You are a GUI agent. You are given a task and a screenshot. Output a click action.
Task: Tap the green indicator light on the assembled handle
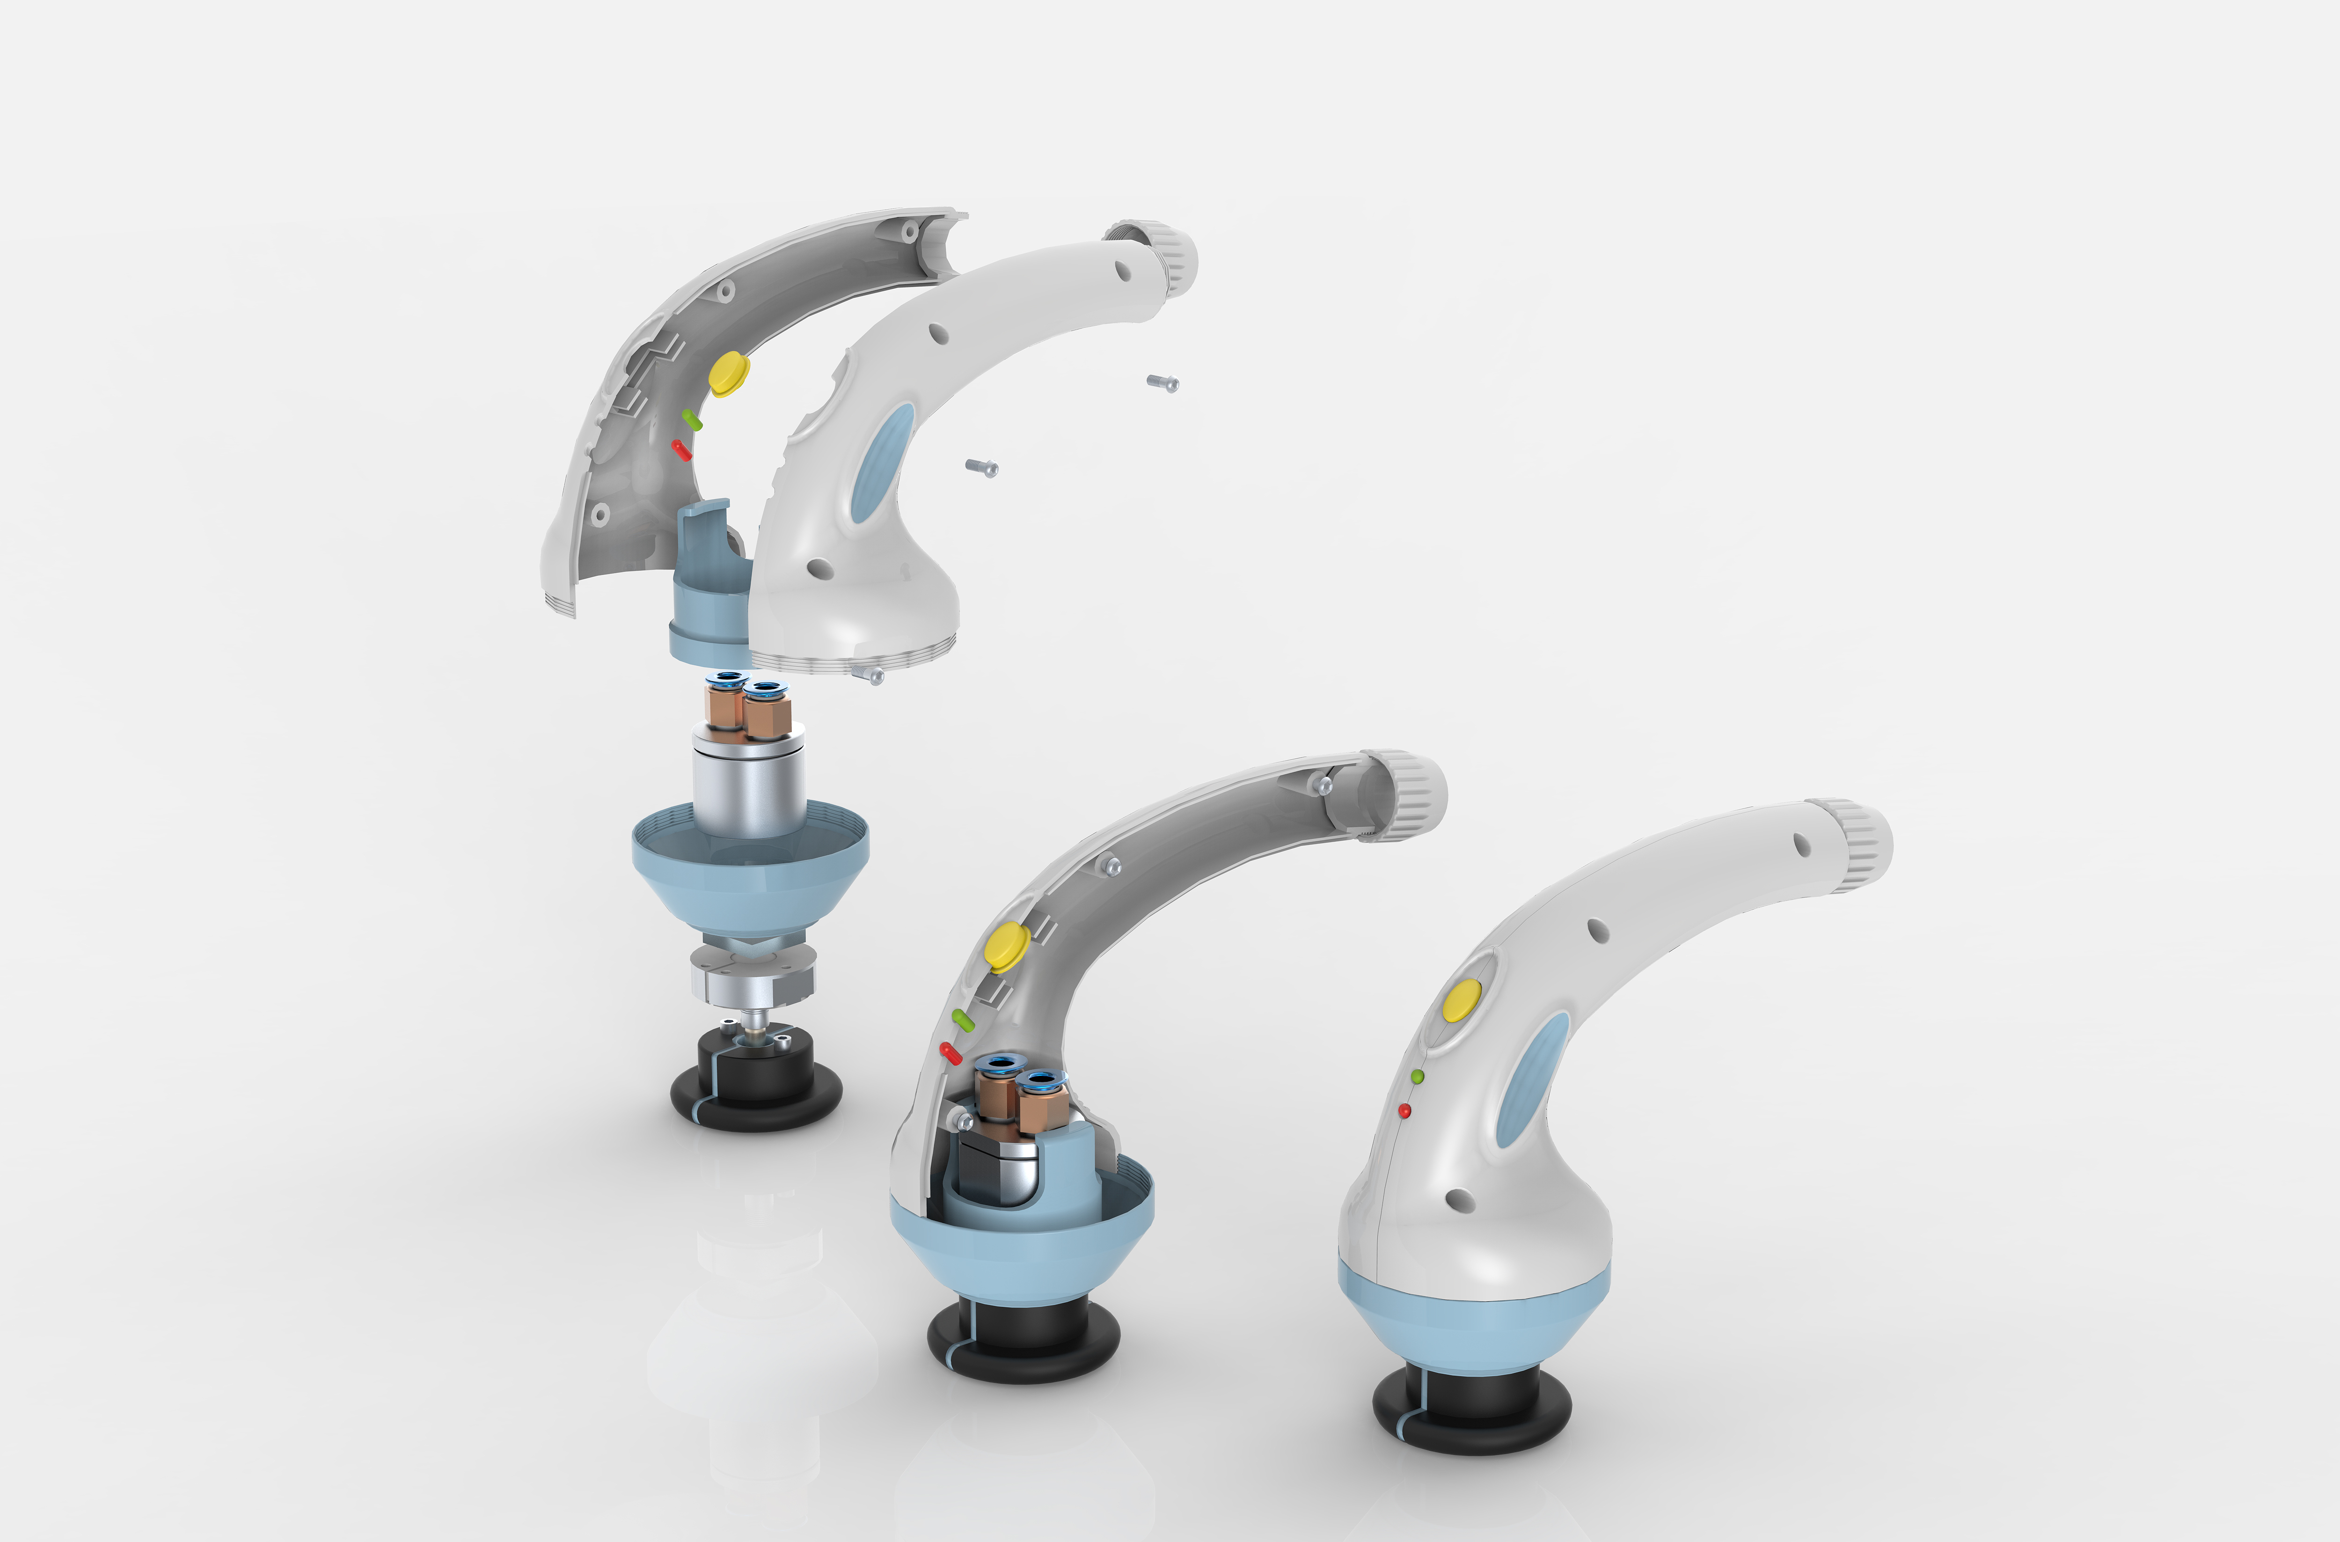pyautogui.click(x=1417, y=1077)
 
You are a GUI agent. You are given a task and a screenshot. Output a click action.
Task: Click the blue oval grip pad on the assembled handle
pyautogui.click(x=1520, y=1079)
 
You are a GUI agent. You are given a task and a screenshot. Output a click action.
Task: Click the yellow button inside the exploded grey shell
pyautogui.click(x=729, y=373)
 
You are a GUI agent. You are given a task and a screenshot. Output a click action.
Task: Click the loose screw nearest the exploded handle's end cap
pyautogui.click(x=1162, y=382)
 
